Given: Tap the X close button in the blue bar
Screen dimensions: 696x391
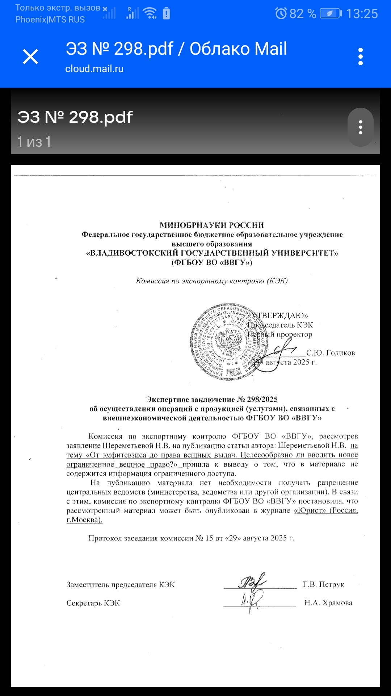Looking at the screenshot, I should coord(30,57).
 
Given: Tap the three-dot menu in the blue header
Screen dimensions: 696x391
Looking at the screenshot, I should coord(360,57).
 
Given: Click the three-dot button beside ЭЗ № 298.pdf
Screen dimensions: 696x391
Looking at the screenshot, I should coord(360,127).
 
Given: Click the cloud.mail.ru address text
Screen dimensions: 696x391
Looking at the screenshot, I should coord(94,69).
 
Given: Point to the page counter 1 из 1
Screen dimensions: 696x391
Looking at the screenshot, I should coord(34,142).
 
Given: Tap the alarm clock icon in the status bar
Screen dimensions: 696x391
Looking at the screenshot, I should coord(281,14).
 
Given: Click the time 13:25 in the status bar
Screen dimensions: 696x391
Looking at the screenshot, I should coord(362,14).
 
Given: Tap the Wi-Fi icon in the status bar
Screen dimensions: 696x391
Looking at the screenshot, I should coord(150,13).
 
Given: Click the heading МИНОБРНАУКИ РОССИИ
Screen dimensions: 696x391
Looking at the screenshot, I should coord(212,225).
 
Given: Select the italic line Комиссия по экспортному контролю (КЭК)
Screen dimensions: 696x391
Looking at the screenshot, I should coord(212,281).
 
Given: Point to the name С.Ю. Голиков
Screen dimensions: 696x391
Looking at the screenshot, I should coord(331,353).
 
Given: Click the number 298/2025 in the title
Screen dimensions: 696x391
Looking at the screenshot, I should coord(262,399).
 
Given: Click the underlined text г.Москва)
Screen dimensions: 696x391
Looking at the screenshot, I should coord(84,520).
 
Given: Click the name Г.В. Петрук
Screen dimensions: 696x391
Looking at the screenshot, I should coord(323,584).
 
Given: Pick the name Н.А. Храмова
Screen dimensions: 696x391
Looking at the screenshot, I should coord(328,603).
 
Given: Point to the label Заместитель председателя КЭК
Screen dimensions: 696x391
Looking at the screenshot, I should coord(120,585).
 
